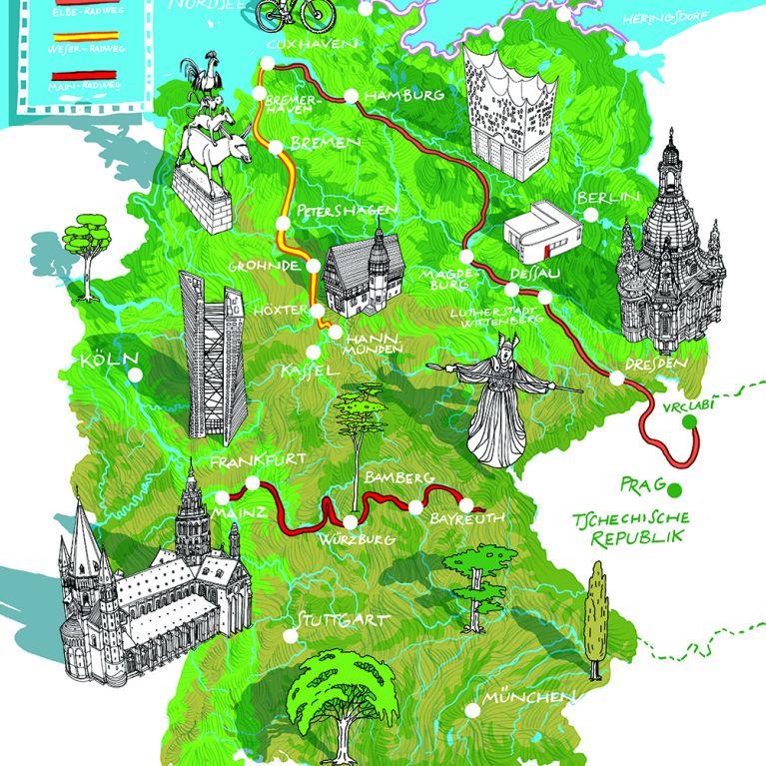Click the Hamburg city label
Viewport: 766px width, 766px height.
(x=405, y=95)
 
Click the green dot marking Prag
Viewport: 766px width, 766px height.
(x=674, y=488)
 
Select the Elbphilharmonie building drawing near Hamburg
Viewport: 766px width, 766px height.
(x=508, y=109)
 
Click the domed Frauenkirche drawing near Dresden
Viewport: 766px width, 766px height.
(x=666, y=250)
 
